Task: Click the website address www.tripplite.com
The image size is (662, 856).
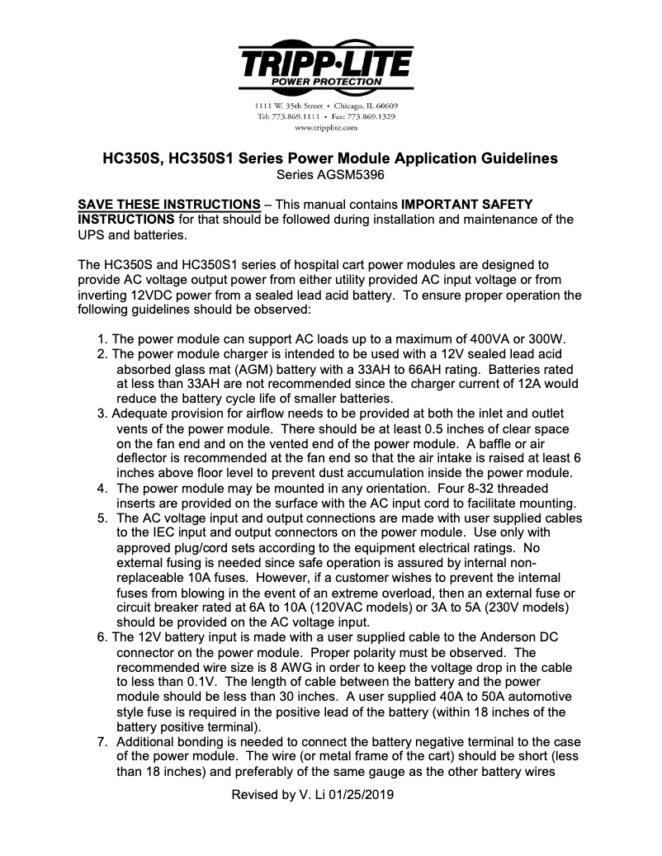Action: pyautogui.click(x=325, y=128)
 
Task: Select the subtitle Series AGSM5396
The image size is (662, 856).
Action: pyautogui.click(x=330, y=174)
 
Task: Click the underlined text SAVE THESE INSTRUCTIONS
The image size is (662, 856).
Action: pyautogui.click(x=168, y=203)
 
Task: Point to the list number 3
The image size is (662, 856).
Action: pyautogui.click(x=101, y=414)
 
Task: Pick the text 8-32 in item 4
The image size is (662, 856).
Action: pyautogui.click(x=455, y=488)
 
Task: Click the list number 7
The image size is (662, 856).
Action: pyautogui.click(x=101, y=742)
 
